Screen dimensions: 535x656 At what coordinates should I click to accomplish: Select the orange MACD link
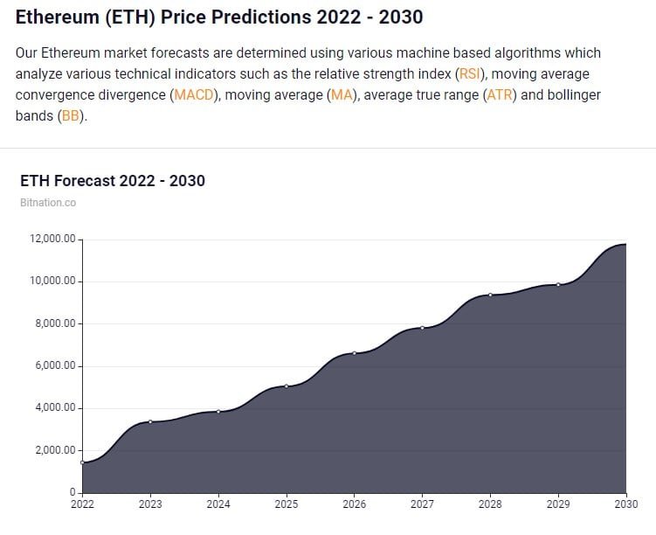point(192,95)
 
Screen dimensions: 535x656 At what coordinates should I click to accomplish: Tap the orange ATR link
point(501,95)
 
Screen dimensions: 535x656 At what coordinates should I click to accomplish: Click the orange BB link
point(70,116)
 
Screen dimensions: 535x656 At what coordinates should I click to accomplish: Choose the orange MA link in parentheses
point(340,95)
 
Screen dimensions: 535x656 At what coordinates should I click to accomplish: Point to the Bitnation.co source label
point(47,203)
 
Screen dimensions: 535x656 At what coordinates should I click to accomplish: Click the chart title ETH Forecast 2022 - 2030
point(112,181)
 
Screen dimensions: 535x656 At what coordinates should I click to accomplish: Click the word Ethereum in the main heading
point(55,17)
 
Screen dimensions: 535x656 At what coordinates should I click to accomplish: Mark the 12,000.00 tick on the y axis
point(53,240)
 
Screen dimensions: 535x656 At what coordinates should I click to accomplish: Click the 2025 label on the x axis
point(287,504)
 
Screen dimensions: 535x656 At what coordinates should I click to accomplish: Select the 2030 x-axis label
point(625,504)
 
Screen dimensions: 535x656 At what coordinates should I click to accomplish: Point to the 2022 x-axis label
point(83,504)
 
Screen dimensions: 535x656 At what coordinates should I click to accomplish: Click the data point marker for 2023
point(150,421)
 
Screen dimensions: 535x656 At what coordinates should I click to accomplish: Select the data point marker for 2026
point(355,353)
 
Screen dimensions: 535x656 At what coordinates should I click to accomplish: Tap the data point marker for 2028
point(490,295)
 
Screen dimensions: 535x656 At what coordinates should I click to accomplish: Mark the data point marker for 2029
point(558,284)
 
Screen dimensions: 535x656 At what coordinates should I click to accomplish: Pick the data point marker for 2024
point(218,411)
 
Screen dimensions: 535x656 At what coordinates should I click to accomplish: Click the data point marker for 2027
point(422,328)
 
